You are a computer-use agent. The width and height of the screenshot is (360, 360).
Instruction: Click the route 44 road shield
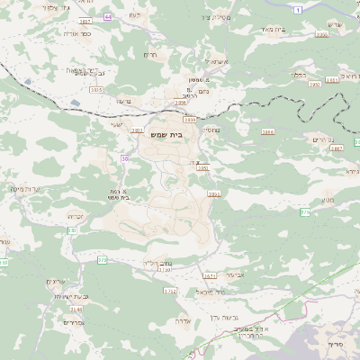pos(108,17)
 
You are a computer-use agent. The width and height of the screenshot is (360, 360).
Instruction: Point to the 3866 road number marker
pos(266,132)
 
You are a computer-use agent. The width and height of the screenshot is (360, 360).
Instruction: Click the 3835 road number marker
pos(96,90)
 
